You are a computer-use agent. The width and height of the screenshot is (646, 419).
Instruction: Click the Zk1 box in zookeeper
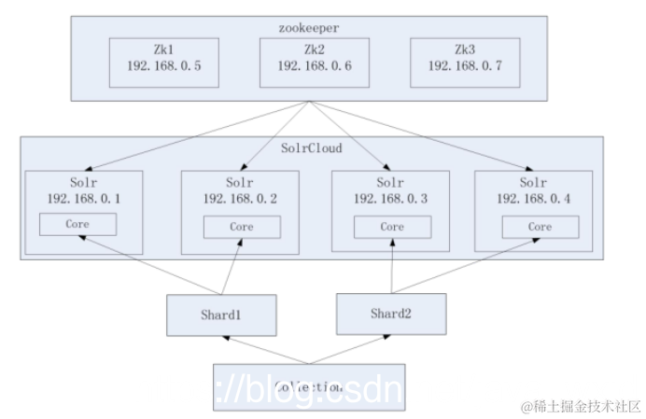pyautogui.click(x=163, y=58)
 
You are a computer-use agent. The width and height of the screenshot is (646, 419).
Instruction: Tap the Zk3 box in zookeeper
pyautogui.click(x=464, y=58)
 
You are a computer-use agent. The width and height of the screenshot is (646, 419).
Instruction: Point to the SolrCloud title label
pyautogui.click(x=311, y=147)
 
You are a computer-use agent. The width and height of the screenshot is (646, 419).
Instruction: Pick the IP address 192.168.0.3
pyautogui.click(x=392, y=198)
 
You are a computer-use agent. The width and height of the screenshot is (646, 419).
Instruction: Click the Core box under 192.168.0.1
pyautogui.click(x=77, y=225)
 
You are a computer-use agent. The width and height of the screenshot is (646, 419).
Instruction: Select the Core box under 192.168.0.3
pyautogui.click(x=392, y=227)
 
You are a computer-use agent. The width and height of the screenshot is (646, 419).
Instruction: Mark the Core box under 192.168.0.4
pyautogui.click(x=540, y=227)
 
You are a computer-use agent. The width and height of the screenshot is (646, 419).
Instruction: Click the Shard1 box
pyautogui.click(x=222, y=314)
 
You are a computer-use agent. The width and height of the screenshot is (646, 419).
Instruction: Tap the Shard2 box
pyautogui.click(x=390, y=313)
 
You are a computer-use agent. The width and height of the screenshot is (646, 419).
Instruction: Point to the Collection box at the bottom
pyautogui.click(x=309, y=386)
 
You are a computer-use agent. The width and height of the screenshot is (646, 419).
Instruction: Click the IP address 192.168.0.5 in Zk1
pyautogui.click(x=163, y=66)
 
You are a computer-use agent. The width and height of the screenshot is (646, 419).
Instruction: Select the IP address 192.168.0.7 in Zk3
pyautogui.click(x=464, y=66)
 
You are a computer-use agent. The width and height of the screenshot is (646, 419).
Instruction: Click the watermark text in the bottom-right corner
pyautogui.click(x=581, y=407)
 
